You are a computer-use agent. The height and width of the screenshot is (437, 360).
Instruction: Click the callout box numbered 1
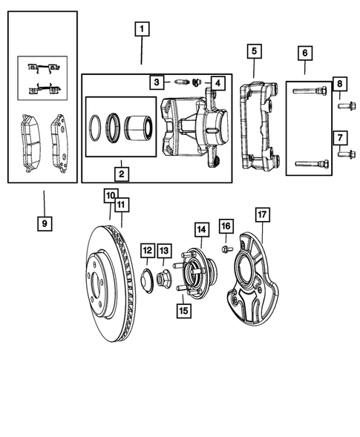click(x=142, y=31)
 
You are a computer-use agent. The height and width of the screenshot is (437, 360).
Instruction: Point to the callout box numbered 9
click(x=44, y=222)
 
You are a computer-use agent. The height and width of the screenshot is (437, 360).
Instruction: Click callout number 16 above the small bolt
click(x=226, y=226)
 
